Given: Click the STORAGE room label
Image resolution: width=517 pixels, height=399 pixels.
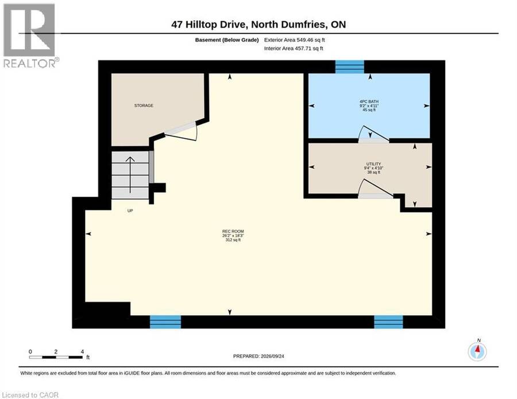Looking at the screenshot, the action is pos(144,106).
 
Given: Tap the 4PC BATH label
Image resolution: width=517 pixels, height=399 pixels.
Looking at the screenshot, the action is pos(369,102).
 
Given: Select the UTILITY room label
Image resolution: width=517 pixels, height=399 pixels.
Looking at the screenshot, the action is pos(373,164).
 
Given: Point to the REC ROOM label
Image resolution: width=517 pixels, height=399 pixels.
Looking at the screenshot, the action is pos(233,231).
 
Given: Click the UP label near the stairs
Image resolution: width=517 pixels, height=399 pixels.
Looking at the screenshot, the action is pos(130,211).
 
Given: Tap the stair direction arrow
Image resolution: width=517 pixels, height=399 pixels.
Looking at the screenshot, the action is pos(130,175).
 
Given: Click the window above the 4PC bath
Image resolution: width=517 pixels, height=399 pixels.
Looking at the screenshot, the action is pos(349,67).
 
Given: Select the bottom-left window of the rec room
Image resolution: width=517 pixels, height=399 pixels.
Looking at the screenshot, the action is pos(165,322).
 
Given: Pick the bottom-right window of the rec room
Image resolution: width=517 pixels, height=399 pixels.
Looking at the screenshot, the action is pos(388,322).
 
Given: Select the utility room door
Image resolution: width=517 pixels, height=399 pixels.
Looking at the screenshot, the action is pos(375,189).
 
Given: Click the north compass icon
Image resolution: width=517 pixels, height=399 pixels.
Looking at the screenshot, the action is pos(477,351).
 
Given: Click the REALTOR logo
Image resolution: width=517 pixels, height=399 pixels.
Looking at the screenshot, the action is pos(30,36).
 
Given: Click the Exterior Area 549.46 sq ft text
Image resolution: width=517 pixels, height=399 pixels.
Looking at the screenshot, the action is pos(295,40).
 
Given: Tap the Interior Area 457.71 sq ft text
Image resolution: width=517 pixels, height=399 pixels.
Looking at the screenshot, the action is pos(294,48).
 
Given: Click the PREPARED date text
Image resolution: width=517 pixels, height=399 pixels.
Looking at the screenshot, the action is pos(258,356).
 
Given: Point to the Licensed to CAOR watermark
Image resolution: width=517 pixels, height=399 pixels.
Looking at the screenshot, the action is pos(30,395).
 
